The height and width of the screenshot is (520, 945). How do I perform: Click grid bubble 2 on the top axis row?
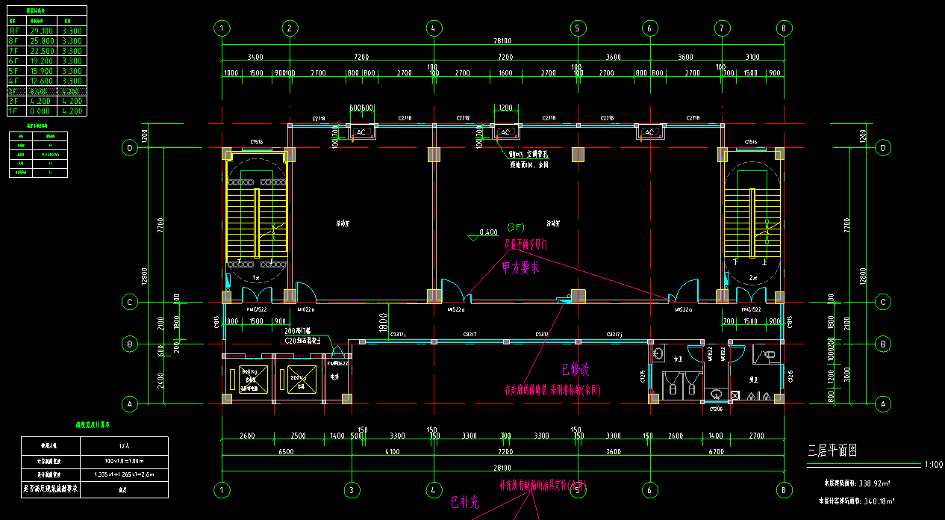[290, 28]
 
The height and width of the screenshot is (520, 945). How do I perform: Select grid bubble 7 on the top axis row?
[721, 28]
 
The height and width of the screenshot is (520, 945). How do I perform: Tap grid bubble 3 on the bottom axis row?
[352, 490]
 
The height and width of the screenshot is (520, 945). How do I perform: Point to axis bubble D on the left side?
[130, 148]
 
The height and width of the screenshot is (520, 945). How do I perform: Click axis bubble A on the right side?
[884, 403]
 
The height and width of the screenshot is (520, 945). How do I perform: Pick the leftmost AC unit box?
[362, 132]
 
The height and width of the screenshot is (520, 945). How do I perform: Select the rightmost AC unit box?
[649, 132]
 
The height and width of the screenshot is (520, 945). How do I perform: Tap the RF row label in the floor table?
[13, 31]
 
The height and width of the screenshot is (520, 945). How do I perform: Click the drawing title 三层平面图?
[832, 451]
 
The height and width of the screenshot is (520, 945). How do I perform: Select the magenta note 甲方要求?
[520, 268]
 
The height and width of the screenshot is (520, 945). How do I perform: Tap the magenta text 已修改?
[576, 369]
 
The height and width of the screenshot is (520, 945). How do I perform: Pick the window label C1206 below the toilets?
[716, 409]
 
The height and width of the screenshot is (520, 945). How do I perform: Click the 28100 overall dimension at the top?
[502, 42]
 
